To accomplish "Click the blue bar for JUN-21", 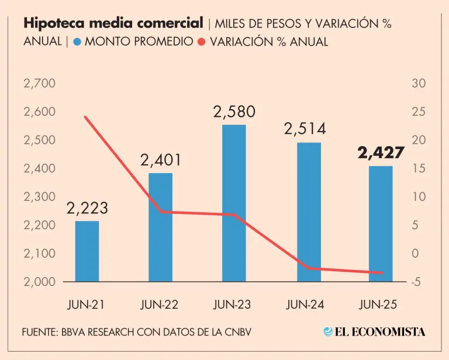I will click(x=87, y=251).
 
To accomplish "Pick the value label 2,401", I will click(x=160, y=160).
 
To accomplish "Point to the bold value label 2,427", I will click(x=381, y=153).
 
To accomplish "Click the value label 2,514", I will click(x=305, y=129).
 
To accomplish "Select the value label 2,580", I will click(x=234, y=112).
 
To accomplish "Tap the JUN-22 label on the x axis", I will click(x=160, y=304).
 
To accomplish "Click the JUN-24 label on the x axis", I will click(x=306, y=304).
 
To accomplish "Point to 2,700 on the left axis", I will click(x=39, y=84).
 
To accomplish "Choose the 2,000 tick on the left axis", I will click(x=39, y=282).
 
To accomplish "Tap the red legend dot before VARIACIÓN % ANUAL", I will click(x=201, y=42).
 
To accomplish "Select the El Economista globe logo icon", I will click(x=328, y=331).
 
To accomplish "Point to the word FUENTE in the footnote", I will click(x=39, y=332).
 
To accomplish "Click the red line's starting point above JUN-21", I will click(x=85, y=117).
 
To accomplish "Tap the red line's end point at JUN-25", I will click(x=382, y=272).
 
